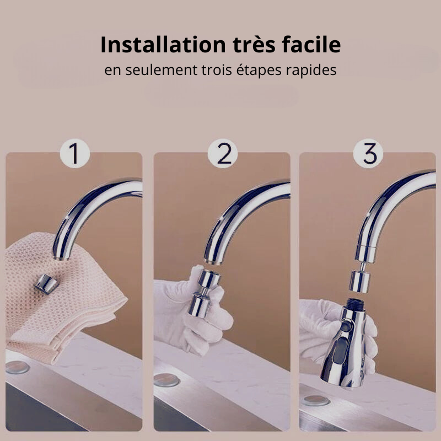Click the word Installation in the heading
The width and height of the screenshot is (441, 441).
coord(163,45)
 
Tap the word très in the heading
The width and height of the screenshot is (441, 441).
coord(254,45)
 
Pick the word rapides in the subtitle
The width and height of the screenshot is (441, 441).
coord(311,71)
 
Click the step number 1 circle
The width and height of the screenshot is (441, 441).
coord(75,153)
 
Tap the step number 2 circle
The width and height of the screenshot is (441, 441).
coord(223,153)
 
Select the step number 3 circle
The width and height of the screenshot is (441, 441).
coord(368,153)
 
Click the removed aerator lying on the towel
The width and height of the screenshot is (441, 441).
coord(46,283)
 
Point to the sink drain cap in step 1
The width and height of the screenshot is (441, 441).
coord(18,367)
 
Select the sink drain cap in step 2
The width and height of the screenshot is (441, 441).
coord(167,380)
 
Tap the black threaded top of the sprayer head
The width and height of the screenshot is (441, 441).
coord(356,304)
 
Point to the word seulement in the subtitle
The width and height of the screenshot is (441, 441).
coord(161,70)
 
